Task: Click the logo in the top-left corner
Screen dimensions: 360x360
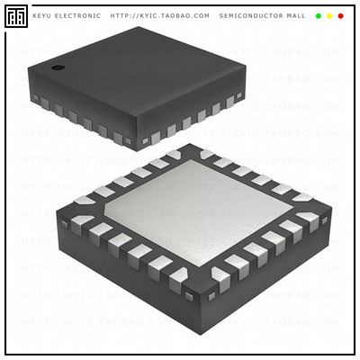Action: coord(16,15)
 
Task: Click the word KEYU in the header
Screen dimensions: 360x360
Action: coord(43,15)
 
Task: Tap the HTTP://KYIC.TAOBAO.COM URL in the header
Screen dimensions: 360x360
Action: coord(159,15)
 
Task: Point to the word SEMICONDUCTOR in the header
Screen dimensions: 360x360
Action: coord(249,15)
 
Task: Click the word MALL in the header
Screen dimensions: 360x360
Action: coord(294,15)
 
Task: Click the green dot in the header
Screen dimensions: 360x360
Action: coord(318,15)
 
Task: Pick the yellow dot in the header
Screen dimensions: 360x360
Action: coord(329,15)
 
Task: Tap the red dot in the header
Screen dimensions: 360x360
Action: coord(340,15)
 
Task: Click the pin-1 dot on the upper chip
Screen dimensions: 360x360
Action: coord(57,67)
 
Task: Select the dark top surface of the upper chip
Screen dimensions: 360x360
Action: coord(144,72)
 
